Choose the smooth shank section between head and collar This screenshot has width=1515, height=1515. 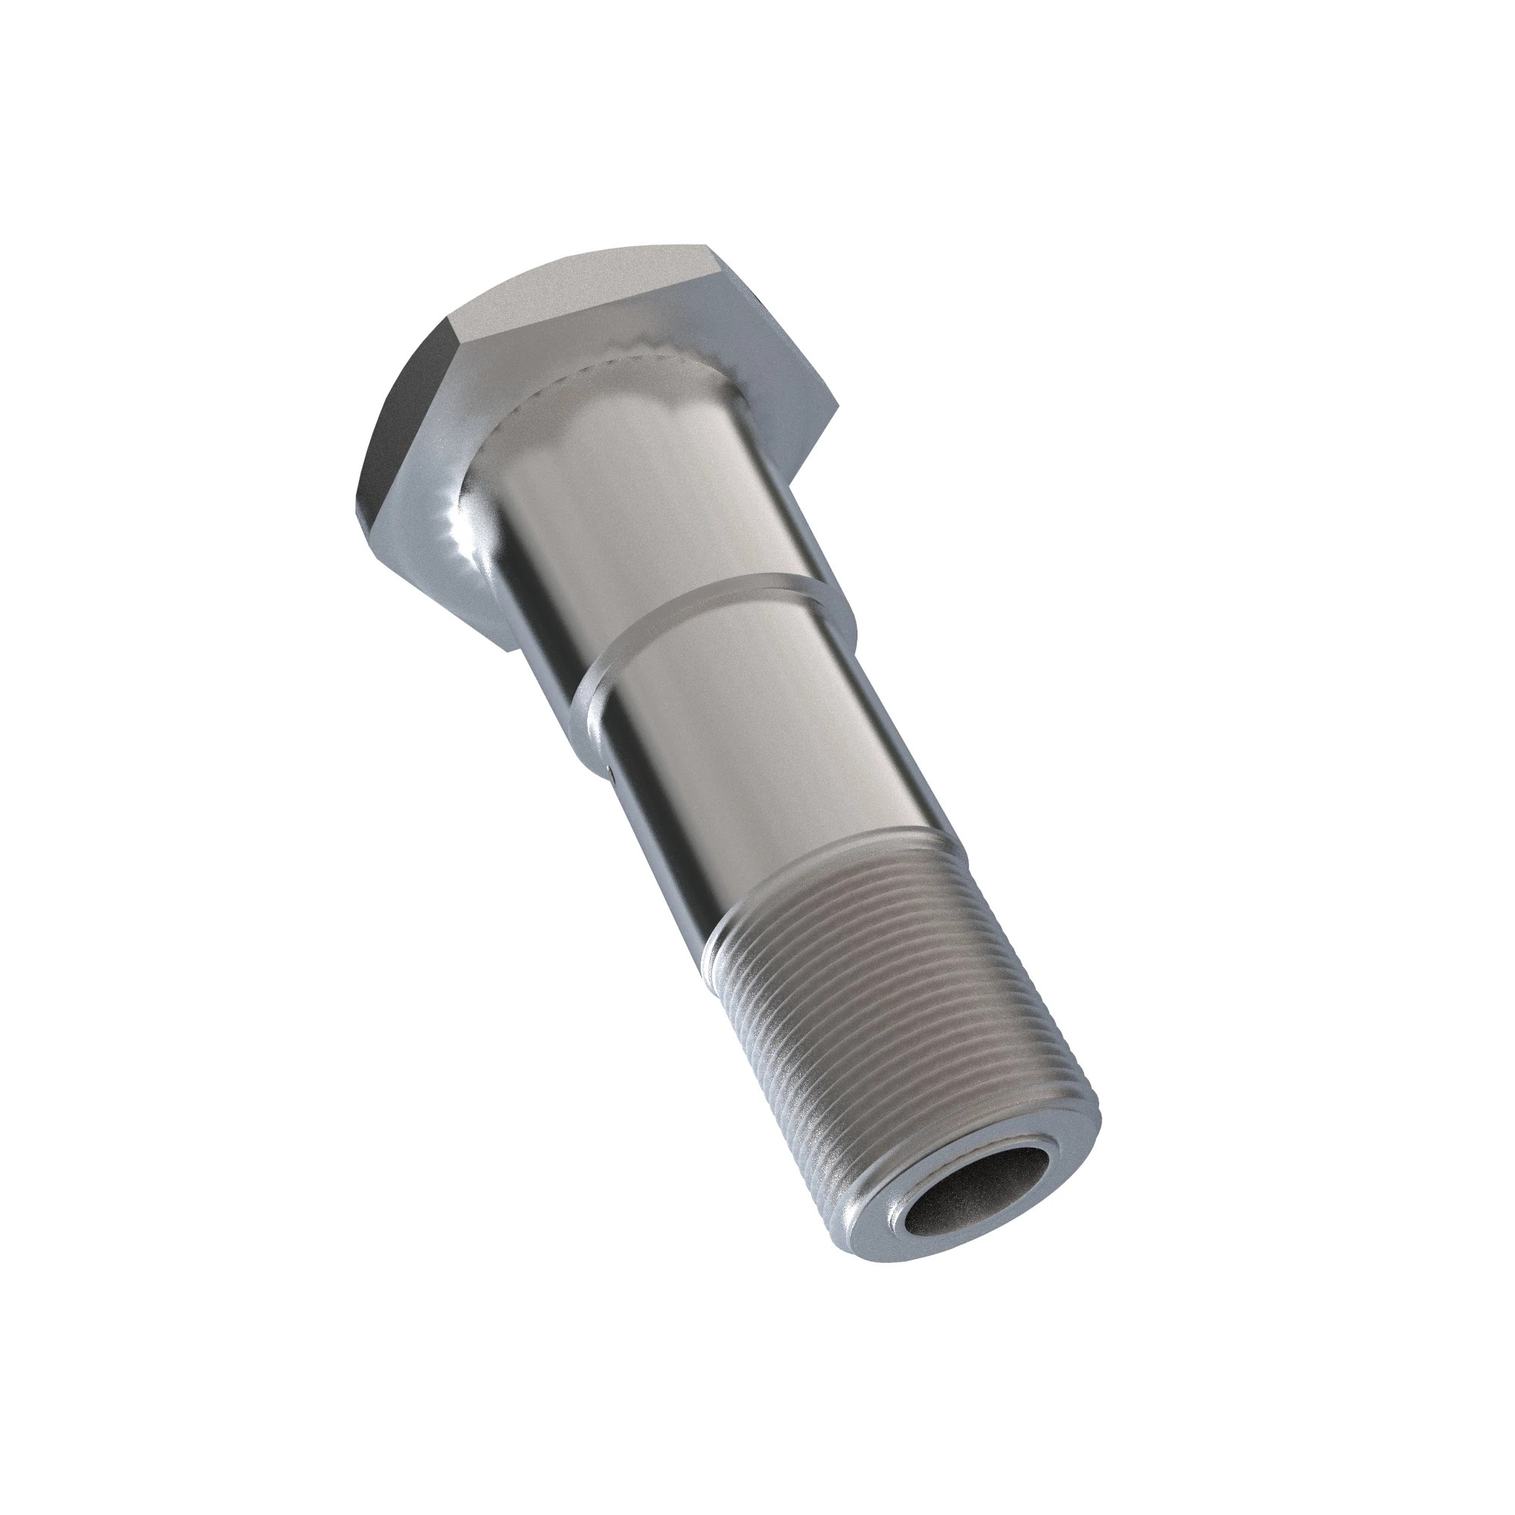pos(627,502)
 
